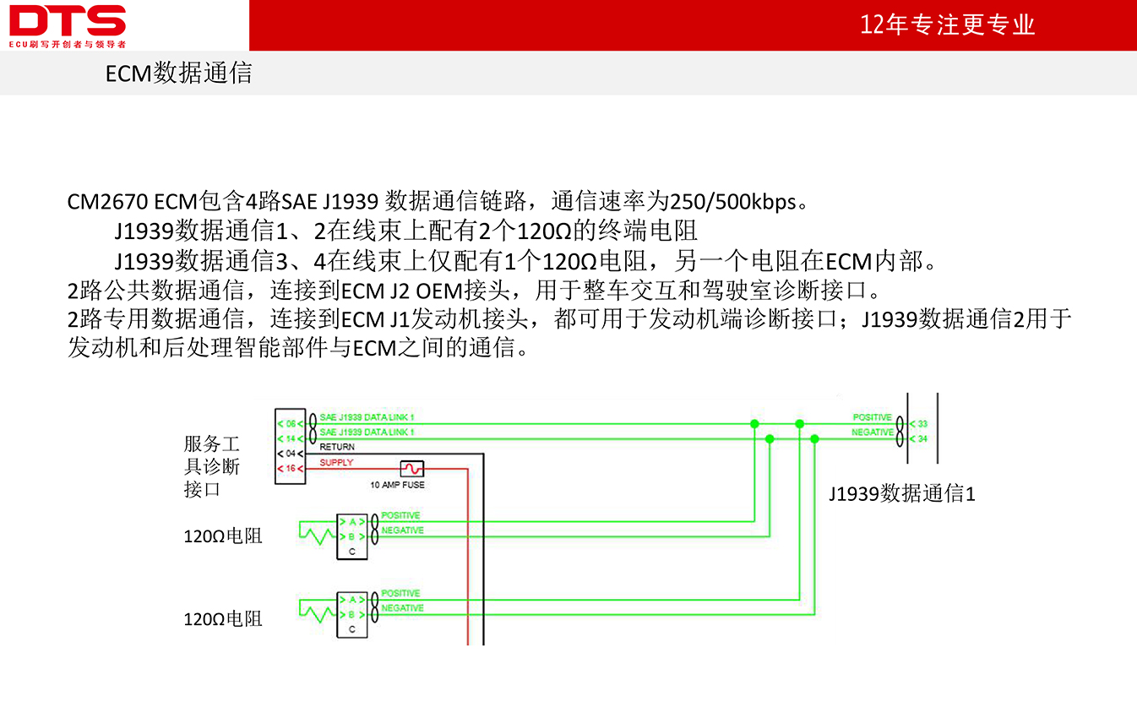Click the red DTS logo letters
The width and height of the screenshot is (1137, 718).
(x=68, y=20)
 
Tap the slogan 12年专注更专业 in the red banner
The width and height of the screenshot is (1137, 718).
(x=947, y=24)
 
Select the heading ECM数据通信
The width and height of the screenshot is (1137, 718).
(x=179, y=73)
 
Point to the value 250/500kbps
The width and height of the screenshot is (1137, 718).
(x=732, y=202)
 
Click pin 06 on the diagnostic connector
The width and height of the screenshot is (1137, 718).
(x=291, y=424)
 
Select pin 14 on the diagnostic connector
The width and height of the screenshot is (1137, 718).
(x=291, y=438)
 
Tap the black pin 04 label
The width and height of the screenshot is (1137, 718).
(x=291, y=453)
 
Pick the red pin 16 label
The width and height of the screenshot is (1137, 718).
(x=291, y=468)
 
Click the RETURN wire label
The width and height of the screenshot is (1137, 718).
(x=337, y=447)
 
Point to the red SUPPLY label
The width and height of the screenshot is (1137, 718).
(x=336, y=462)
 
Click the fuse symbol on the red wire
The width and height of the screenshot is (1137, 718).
(x=411, y=468)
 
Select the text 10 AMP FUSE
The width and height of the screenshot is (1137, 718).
(x=397, y=485)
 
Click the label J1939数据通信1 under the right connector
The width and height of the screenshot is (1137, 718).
(x=902, y=493)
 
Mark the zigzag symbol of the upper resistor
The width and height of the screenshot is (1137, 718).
(x=318, y=533)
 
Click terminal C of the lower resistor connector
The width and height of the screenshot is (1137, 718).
(x=351, y=629)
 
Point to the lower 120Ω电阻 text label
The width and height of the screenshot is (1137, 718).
(x=223, y=619)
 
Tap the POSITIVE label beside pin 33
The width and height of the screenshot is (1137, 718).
(x=872, y=417)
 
